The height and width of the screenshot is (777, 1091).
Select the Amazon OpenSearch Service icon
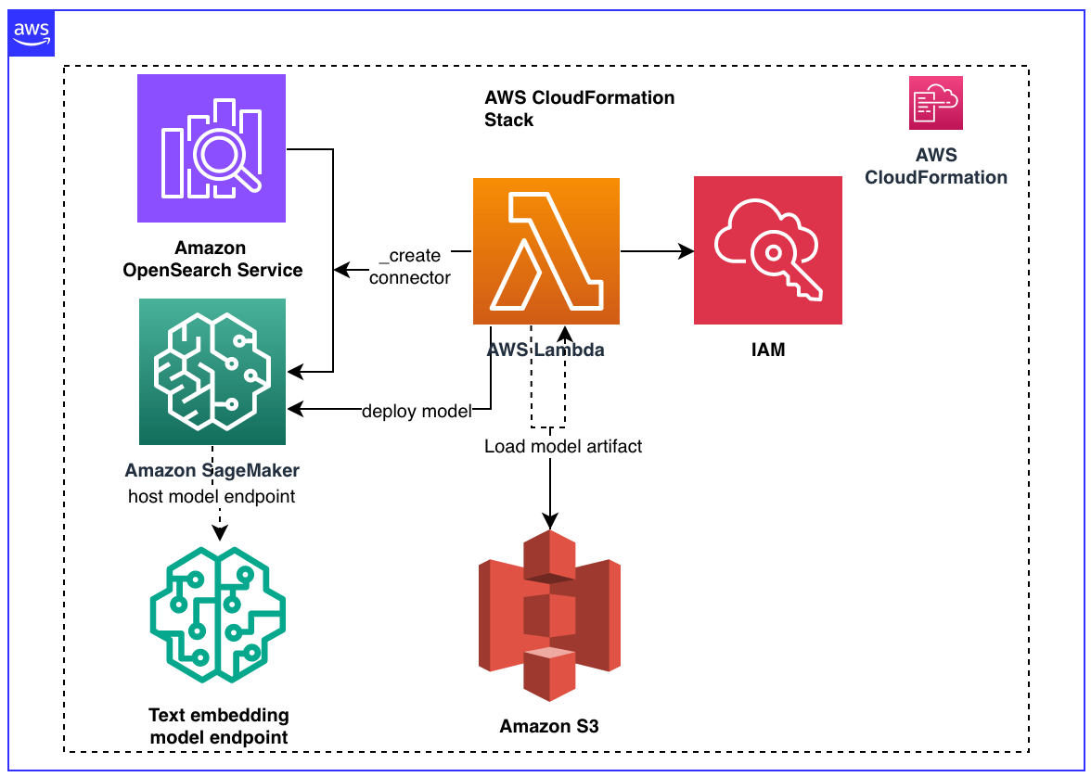(212, 148)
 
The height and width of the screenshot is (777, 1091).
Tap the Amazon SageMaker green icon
(212, 372)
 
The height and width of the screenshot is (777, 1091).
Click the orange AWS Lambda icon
(546, 251)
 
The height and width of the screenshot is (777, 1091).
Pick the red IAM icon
(767, 250)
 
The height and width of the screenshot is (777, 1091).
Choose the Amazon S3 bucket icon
(549, 617)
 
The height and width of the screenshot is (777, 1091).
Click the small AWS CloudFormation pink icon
(936, 103)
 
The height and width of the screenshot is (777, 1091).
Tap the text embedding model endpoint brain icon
(218, 616)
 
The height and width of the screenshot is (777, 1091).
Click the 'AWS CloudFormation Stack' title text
(579, 108)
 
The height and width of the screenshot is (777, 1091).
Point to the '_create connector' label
(410, 266)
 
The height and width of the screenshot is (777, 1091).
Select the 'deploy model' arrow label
(417, 411)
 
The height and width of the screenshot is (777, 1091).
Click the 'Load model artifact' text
(563, 446)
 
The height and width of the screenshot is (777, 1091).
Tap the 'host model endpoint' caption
(212, 496)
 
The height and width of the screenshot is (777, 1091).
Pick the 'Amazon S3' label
(549, 726)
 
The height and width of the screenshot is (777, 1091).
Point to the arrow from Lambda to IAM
(657, 251)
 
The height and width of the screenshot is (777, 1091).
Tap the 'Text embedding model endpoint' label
(219, 726)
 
